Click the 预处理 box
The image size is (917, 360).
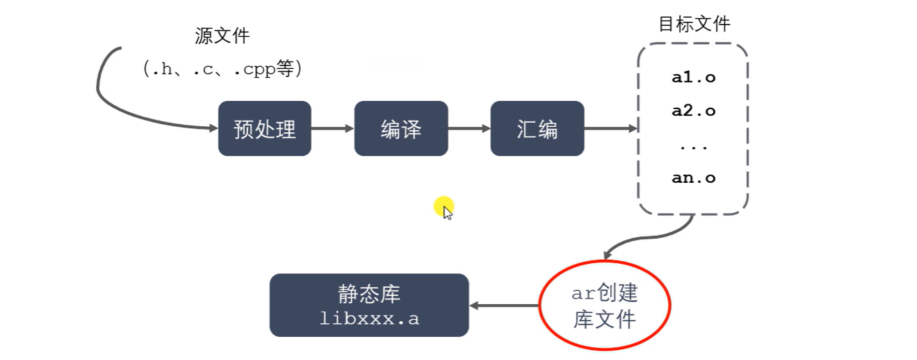pyautogui.click(x=265, y=128)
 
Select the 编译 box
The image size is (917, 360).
pyautogui.click(x=401, y=128)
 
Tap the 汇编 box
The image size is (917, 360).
pyautogui.click(x=537, y=128)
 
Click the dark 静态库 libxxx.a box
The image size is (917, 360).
pyautogui.click(x=369, y=305)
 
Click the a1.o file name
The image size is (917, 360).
pyautogui.click(x=693, y=78)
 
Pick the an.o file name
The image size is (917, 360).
pyautogui.click(x=693, y=178)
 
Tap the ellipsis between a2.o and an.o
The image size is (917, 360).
pyautogui.click(x=693, y=146)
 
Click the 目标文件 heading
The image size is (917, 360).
pyautogui.click(x=694, y=25)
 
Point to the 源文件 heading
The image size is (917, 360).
pyautogui.click(x=222, y=36)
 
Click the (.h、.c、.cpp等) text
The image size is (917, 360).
pyautogui.click(x=222, y=68)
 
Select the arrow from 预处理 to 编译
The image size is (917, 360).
pyautogui.click(x=333, y=128)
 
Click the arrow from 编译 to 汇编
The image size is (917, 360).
pyautogui.click(x=469, y=128)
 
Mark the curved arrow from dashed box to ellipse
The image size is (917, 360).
pyautogui.click(x=641, y=239)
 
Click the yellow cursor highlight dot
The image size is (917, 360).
pyautogui.click(x=443, y=206)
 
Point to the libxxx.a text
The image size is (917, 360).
pyautogui.click(x=369, y=318)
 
